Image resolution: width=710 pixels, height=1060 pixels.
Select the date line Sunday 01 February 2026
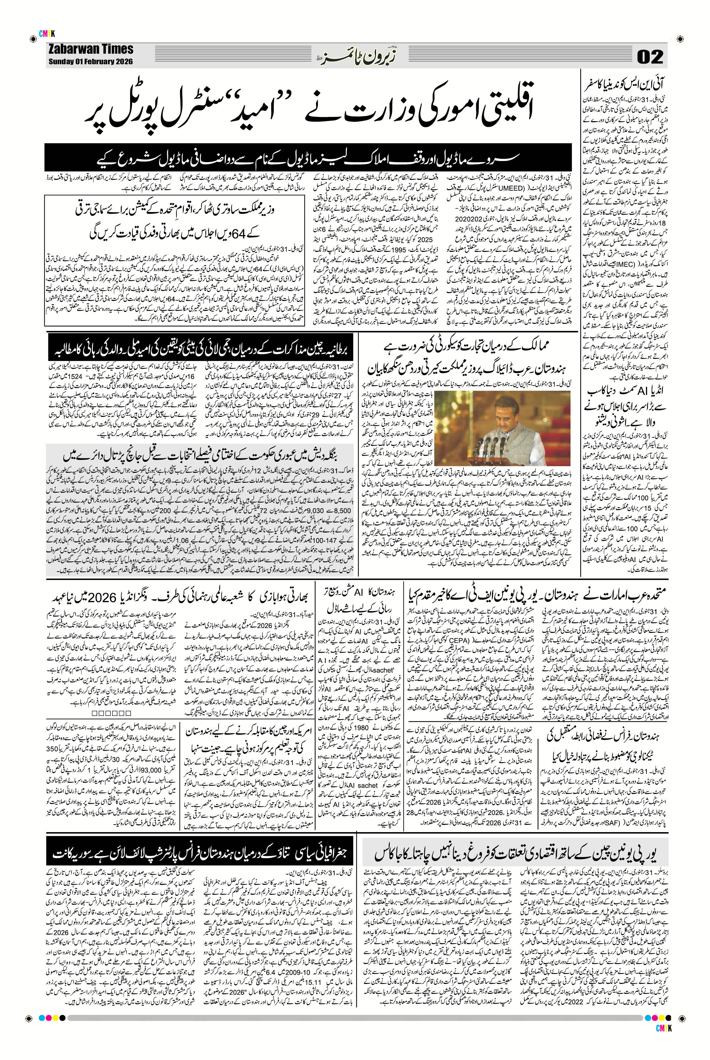[x=91, y=62]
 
